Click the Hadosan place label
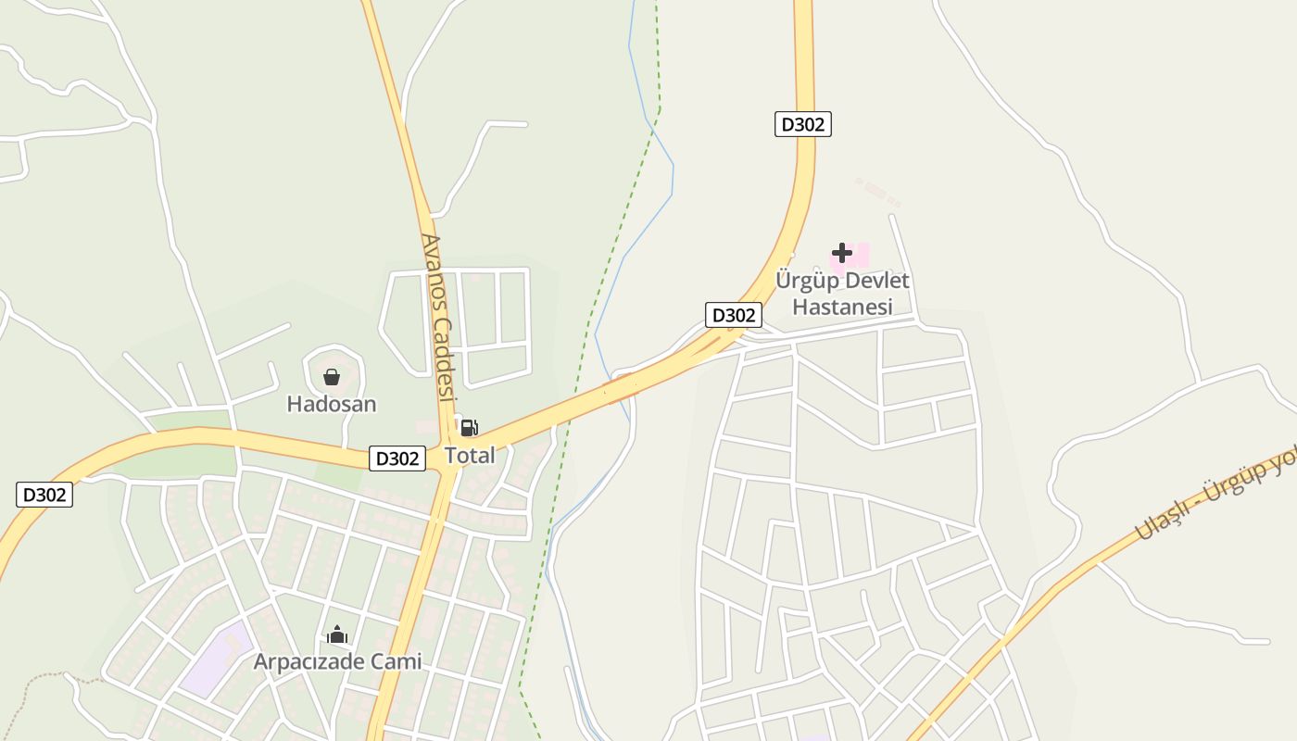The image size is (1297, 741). (x=331, y=404)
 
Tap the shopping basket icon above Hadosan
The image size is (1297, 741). (x=331, y=377)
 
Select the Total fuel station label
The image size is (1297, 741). (x=470, y=455)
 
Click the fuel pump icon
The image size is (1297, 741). (x=469, y=428)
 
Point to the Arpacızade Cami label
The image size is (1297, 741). (x=337, y=661)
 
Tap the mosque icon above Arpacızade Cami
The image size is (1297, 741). (x=336, y=634)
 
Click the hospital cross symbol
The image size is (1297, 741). (x=841, y=252)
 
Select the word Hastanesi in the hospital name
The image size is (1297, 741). (x=842, y=307)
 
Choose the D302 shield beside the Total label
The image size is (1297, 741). (x=397, y=458)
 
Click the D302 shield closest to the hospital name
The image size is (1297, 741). (x=734, y=315)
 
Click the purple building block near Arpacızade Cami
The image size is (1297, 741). (x=216, y=659)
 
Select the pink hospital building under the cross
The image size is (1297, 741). (x=860, y=255)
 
